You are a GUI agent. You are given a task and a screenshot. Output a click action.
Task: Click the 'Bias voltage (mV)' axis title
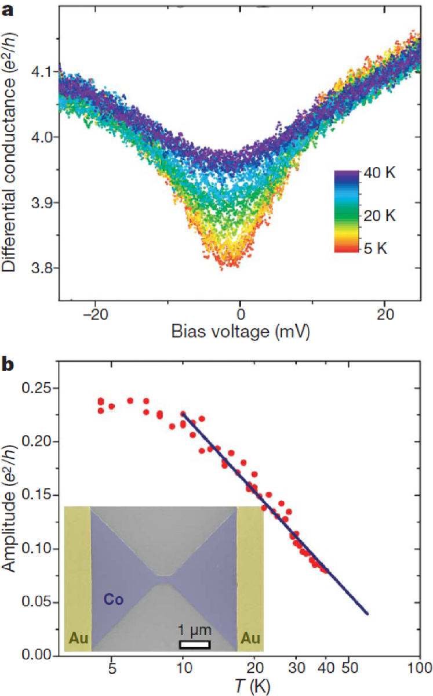(239, 331)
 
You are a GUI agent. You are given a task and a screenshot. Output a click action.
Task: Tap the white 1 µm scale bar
(194, 644)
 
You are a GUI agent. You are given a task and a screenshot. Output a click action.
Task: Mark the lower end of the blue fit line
(367, 614)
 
